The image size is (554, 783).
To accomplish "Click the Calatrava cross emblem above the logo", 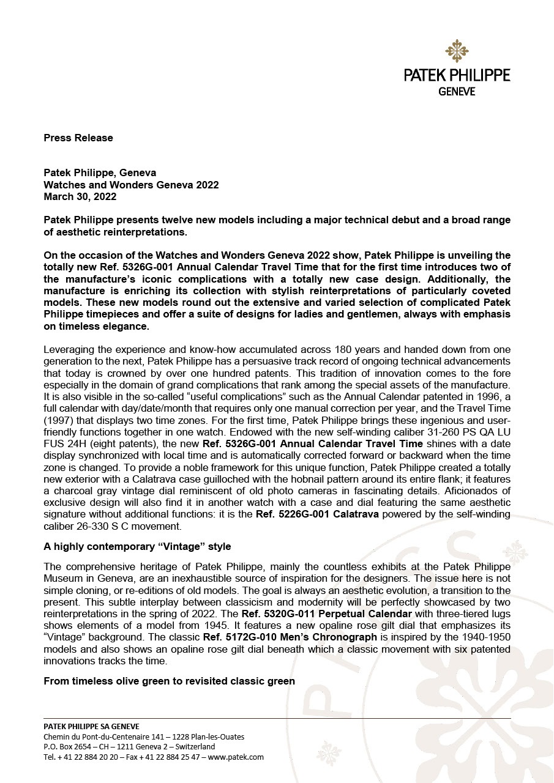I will tap(456, 51).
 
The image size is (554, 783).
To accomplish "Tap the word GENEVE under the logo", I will tap(457, 91).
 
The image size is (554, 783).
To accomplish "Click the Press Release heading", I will tap(78, 138).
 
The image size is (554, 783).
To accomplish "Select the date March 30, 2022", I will tap(80, 196).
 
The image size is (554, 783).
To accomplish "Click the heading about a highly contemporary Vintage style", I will tap(137, 546).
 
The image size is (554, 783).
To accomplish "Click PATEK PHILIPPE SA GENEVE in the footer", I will tap(91, 726).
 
